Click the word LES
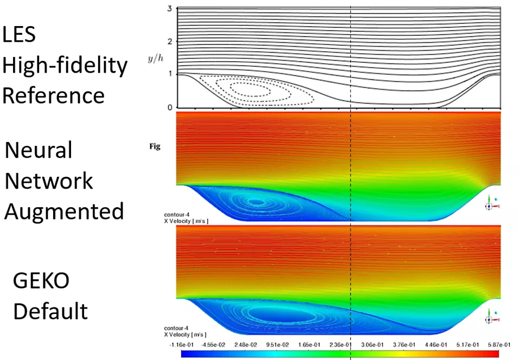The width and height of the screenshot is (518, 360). (x=20, y=35)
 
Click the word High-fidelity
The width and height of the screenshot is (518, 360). (x=65, y=66)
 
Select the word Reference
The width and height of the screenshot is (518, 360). (x=53, y=95)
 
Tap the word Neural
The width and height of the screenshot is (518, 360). (x=38, y=150)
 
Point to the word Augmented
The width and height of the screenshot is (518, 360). (x=64, y=210)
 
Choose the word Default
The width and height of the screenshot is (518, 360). (x=50, y=311)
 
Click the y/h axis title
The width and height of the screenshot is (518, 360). (x=155, y=58)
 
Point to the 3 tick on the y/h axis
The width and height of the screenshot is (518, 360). (x=170, y=9)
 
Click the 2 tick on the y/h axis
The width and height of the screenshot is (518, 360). (x=170, y=42)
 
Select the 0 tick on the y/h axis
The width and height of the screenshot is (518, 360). (x=170, y=107)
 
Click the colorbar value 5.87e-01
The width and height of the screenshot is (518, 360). (x=488, y=344)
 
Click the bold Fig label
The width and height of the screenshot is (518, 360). (x=155, y=146)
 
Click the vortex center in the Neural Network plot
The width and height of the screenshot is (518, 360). (x=255, y=202)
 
